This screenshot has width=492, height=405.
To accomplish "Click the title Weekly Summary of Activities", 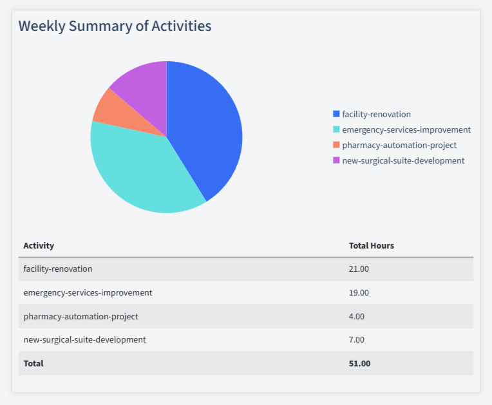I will pyautogui.click(x=115, y=26).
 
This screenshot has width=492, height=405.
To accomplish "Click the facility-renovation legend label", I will pyautogui.click(x=376, y=114).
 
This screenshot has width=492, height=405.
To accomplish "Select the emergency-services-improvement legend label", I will pyautogui.click(x=406, y=129).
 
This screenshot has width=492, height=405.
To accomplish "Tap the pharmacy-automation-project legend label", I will pyautogui.click(x=399, y=145).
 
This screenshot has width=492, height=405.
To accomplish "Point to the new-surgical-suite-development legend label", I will pyautogui.click(x=403, y=160).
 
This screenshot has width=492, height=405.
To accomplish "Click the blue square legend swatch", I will pyautogui.click(x=336, y=114).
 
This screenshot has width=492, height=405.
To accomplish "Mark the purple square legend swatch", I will pyautogui.click(x=336, y=160).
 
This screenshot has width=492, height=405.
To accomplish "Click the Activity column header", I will pyautogui.click(x=39, y=245).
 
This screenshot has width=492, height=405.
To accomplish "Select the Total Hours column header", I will pyautogui.click(x=372, y=245).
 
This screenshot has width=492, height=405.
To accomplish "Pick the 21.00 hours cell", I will pyautogui.click(x=359, y=268).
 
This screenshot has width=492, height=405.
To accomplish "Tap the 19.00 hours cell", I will pyautogui.click(x=359, y=292).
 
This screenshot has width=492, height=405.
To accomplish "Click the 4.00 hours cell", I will pyautogui.click(x=357, y=316).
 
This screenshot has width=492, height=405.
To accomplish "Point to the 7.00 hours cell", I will pyautogui.click(x=357, y=339).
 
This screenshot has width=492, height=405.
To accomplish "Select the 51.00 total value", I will pyautogui.click(x=359, y=363).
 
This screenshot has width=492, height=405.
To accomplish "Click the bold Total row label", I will pyautogui.click(x=33, y=363).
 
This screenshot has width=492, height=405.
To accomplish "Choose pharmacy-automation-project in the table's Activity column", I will pyautogui.click(x=80, y=316).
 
